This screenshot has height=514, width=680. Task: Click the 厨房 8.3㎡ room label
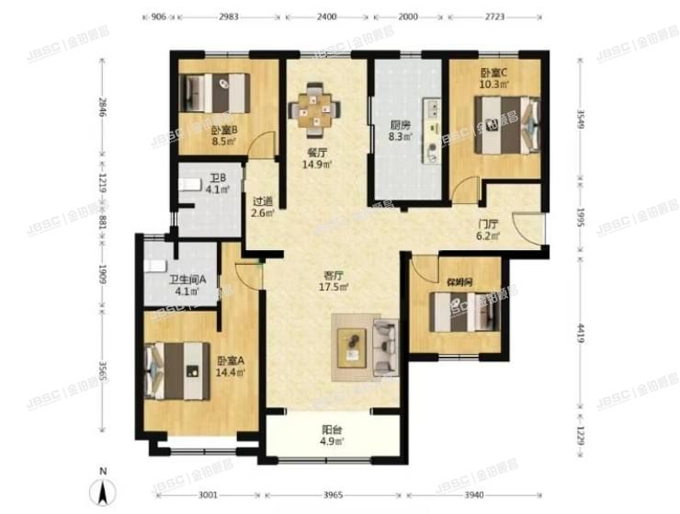coord(399,131)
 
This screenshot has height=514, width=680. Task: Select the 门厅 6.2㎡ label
coord(486,229)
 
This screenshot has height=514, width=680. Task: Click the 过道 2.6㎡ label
coord(264,210)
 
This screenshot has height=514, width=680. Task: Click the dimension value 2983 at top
coord(230,17)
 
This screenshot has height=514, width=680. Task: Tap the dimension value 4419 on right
coord(581,328)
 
